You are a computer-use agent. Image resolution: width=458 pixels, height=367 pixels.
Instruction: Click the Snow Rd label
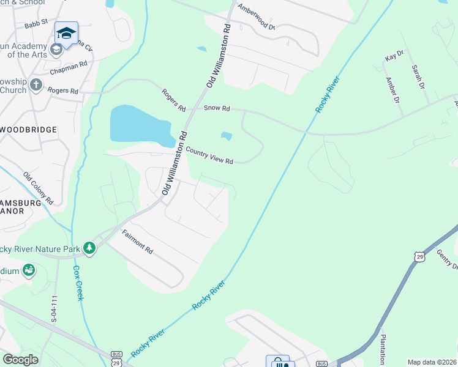click(217, 108)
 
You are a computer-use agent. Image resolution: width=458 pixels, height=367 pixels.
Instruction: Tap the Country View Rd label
click(209, 156)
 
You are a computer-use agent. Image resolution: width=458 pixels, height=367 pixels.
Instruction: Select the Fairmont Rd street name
click(137, 242)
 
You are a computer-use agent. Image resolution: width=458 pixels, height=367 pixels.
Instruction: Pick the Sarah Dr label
click(418, 76)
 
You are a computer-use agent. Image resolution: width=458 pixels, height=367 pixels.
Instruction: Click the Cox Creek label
click(78, 283)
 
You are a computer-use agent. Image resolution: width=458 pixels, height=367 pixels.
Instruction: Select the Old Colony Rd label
click(39, 188)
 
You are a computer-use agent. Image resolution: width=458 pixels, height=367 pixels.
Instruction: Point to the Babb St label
click(36, 25)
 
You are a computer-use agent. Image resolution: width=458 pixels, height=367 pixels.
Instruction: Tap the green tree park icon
click(90, 247)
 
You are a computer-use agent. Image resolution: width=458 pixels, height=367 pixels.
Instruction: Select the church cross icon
click(37, 84)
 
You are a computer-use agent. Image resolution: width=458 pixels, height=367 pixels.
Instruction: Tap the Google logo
click(21, 360)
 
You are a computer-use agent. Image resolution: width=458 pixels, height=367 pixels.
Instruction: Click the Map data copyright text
click(431, 362)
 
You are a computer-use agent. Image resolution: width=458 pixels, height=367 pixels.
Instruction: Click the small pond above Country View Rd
click(227, 136)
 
